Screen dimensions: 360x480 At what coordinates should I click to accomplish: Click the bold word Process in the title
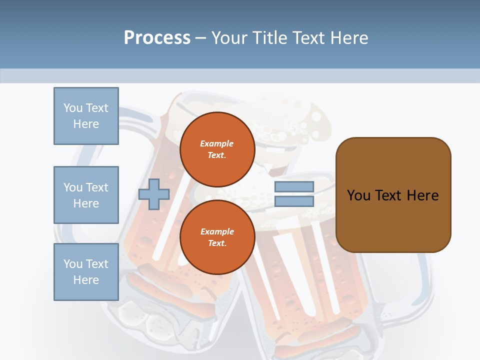pyautogui.click(x=157, y=38)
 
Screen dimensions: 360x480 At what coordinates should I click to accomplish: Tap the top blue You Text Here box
pyautogui.click(x=86, y=116)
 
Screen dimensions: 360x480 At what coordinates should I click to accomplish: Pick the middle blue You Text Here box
pyautogui.click(x=86, y=195)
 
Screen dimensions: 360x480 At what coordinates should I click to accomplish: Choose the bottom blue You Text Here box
pyautogui.click(x=86, y=272)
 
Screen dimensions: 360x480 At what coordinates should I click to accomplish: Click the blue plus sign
pyautogui.click(x=154, y=194)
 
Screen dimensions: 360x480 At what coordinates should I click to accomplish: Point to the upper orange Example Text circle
pyautogui.click(x=217, y=149)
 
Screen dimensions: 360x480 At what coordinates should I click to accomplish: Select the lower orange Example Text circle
pyautogui.click(x=217, y=237)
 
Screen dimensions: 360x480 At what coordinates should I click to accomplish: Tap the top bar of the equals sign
pyautogui.click(x=294, y=186)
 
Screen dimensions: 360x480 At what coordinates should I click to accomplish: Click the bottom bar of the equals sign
pyautogui.click(x=294, y=201)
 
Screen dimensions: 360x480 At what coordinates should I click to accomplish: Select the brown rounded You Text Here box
pyautogui.click(x=393, y=195)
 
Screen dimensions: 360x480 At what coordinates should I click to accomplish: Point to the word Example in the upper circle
pyautogui.click(x=217, y=143)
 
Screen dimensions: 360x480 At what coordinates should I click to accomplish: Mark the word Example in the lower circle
pyautogui.click(x=217, y=231)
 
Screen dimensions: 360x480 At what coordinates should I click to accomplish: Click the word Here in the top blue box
pyautogui.click(x=86, y=124)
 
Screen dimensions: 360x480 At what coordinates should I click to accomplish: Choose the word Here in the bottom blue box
pyautogui.click(x=86, y=280)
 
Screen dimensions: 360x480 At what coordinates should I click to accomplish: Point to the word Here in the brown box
pyautogui.click(x=422, y=195)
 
